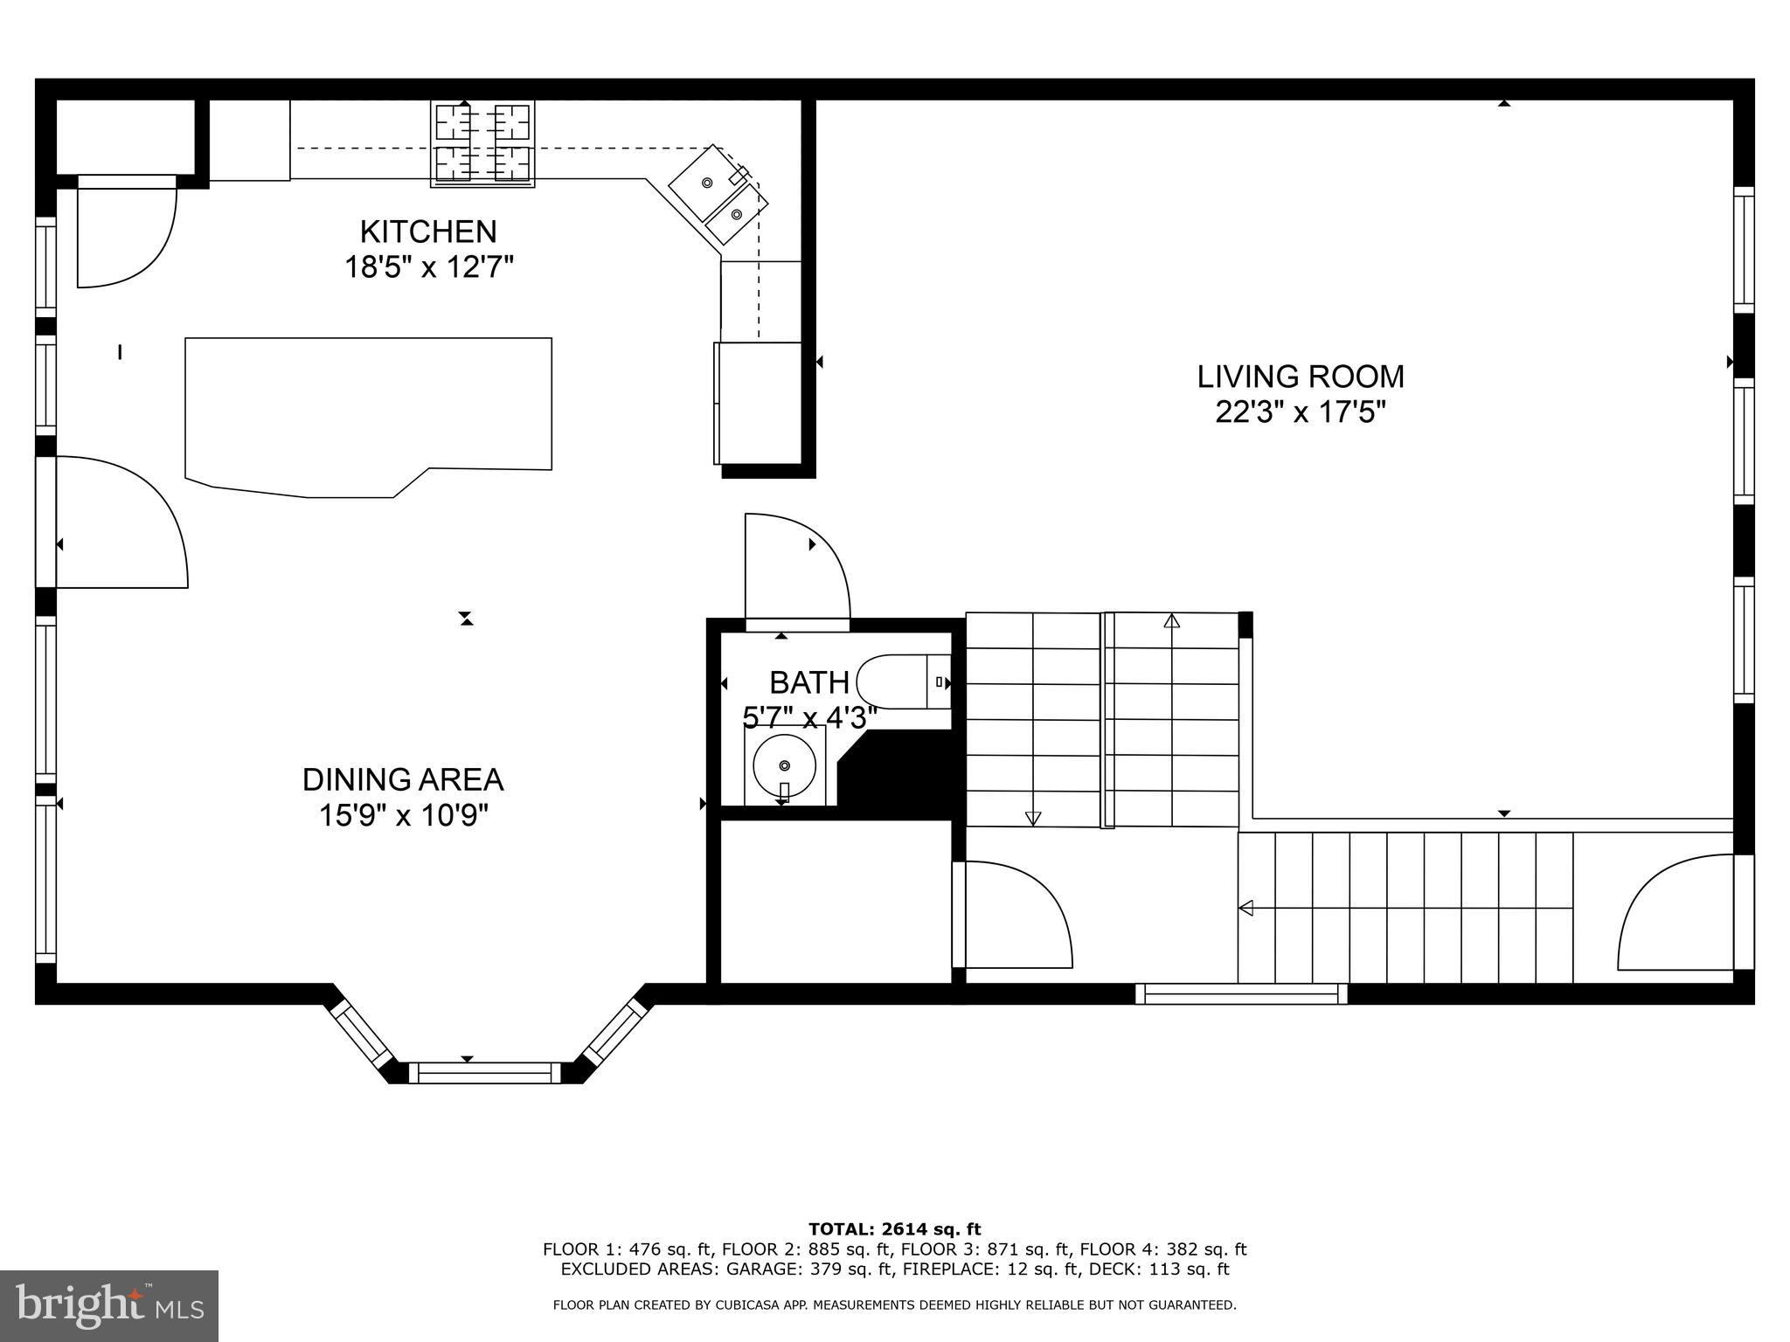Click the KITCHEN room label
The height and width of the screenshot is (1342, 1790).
pos(428,232)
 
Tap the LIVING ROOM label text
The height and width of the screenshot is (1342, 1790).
pos(1301,377)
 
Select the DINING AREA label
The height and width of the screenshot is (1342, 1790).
pos(403,779)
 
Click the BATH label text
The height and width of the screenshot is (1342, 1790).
pos(809,681)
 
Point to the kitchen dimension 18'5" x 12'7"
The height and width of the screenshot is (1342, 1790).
pos(428,266)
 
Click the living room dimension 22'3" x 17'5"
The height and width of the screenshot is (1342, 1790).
pos(1301,412)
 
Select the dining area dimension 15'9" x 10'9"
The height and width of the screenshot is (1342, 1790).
pos(403,815)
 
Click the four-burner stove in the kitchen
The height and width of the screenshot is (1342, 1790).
pos(482,144)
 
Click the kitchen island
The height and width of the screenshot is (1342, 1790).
pos(367,411)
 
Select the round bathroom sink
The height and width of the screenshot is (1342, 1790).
pos(784,765)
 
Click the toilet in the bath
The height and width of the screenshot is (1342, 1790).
pos(900,681)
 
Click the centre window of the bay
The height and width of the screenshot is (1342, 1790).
pos(485,1073)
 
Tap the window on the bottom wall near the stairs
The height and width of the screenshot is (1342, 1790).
pos(1241,993)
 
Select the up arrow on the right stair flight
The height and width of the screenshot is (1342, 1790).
pos(1171,621)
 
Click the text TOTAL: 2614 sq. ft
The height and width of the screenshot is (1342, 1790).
pos(894,1230)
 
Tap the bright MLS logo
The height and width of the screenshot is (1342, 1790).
pos(109,1305)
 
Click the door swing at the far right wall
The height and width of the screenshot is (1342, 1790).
pos(1674,913)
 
